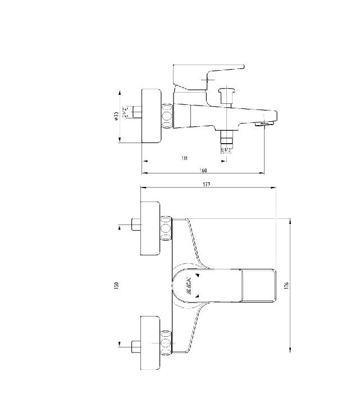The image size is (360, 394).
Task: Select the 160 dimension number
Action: [x=203, y=170]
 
